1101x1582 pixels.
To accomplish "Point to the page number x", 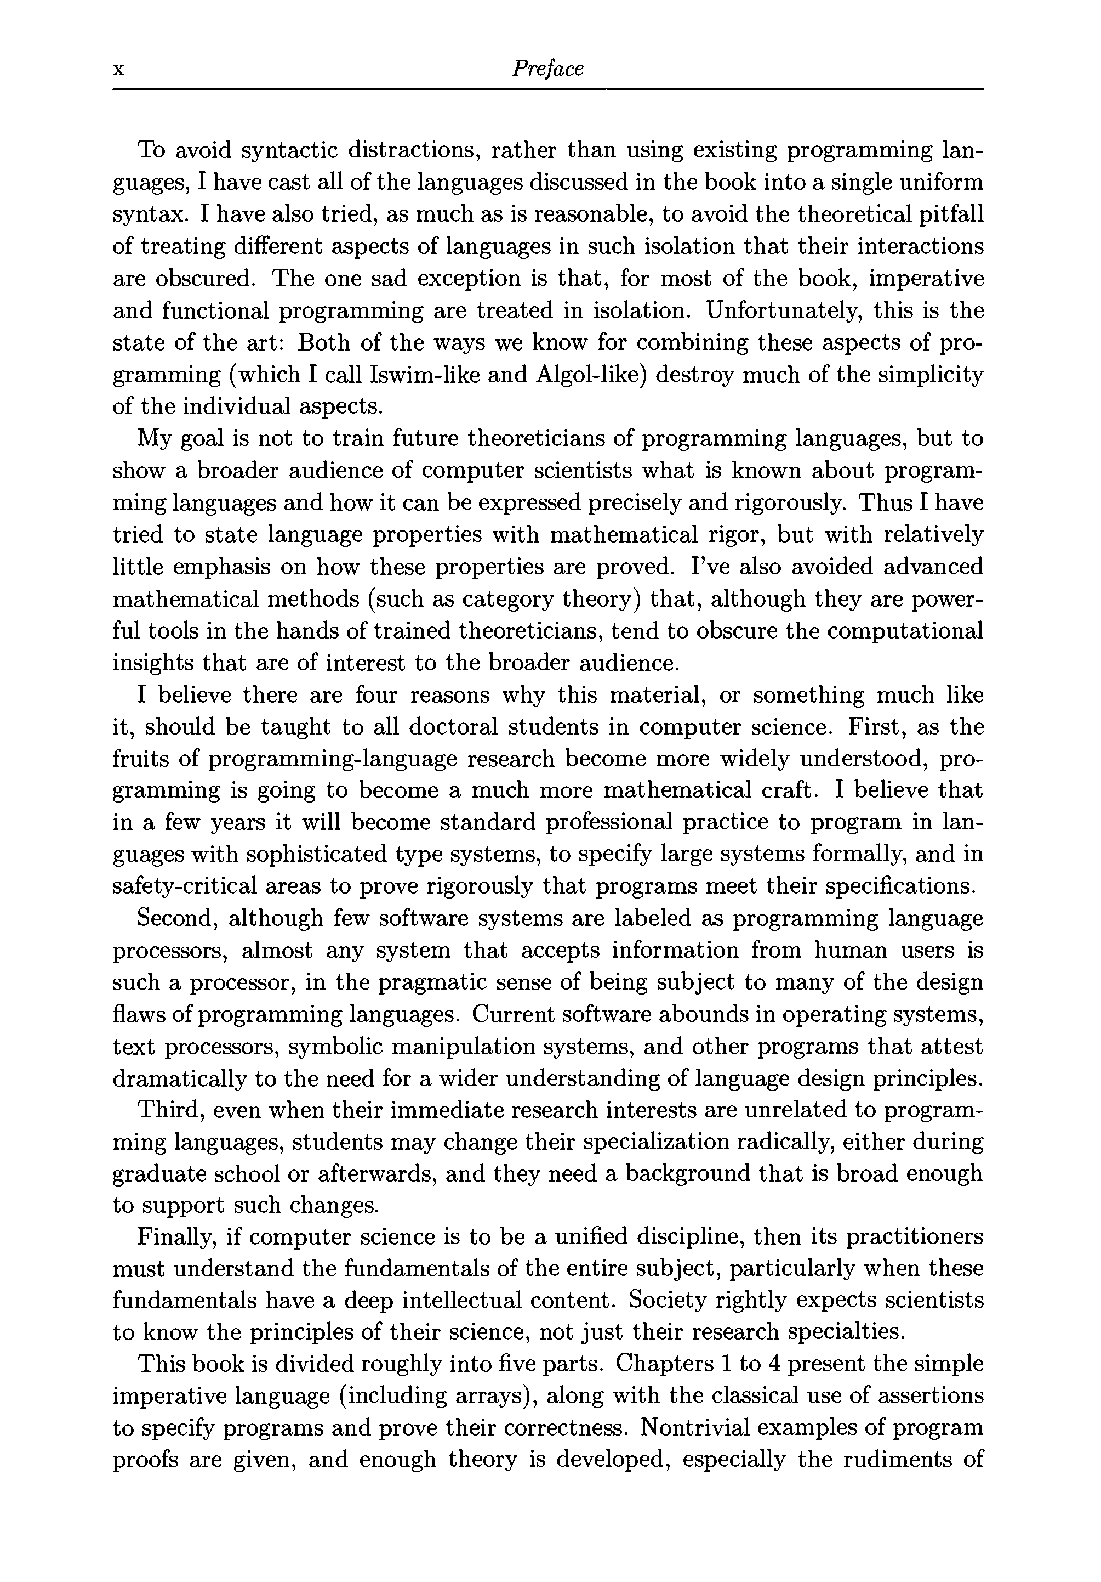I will tap(118, 70).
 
